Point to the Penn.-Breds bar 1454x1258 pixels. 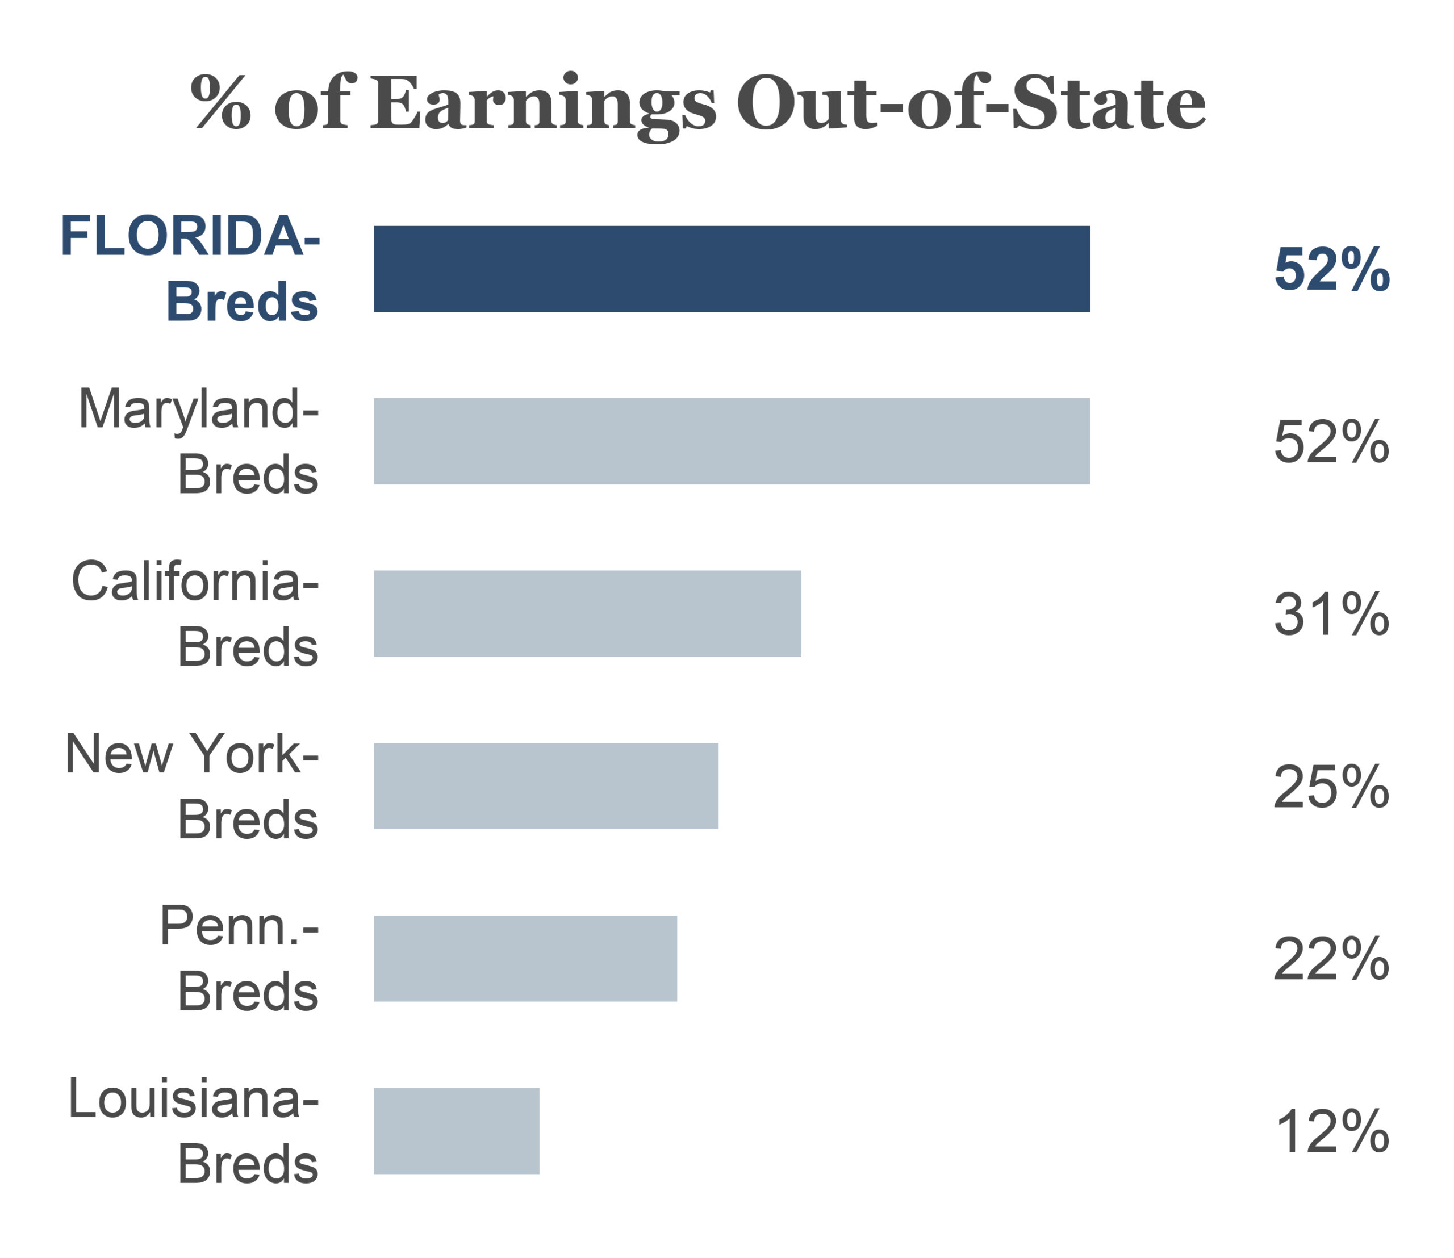tap(525, 958)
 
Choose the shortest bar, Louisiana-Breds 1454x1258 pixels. tap(456, 1131)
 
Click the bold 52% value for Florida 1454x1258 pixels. tap(1331, 269)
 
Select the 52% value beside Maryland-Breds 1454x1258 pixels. tap(1331, 441)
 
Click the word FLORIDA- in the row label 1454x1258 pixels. tap(190, 236)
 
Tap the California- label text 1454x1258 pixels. tap(195, 581)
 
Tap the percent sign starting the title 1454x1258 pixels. tap(220, 103)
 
